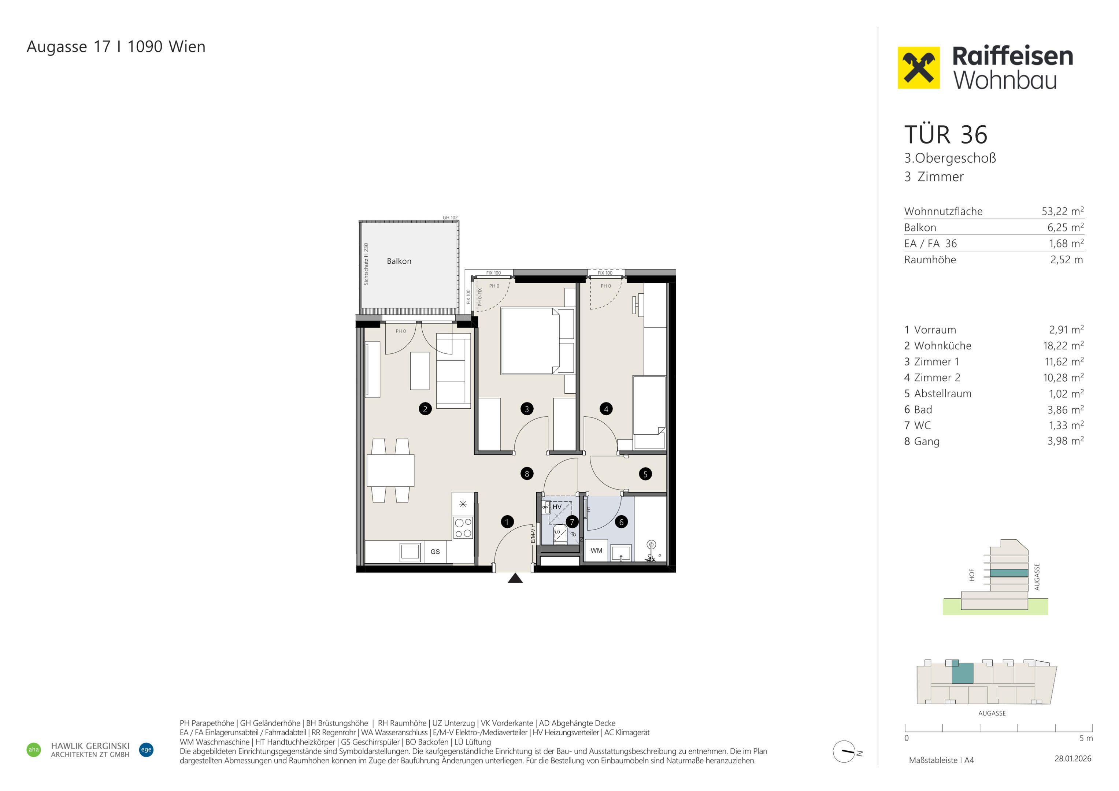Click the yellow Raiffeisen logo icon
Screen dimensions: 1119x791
(x=918, y=68)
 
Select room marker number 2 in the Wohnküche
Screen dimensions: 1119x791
(x=425, y=409)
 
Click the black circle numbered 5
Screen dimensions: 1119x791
(x=645, y=474)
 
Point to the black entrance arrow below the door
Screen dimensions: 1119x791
(x=515, y=579)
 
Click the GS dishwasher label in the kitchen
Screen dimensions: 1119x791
(x=435, y=552)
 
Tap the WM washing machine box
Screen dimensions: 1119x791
(x=597, y=550)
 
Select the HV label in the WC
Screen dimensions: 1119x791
(x=557, y=507)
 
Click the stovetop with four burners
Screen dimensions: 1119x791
(x=463, y=528)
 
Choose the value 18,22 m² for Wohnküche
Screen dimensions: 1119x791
(x=1063, y=346)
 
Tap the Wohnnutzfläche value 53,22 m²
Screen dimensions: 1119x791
(x=1063, y=211)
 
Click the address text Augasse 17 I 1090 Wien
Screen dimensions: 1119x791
(x=116, y=47)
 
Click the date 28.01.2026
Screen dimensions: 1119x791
(x=1073, y=759)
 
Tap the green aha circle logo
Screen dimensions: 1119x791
(x=34, y=750)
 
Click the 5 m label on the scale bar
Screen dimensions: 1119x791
(x=1086, y=738)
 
